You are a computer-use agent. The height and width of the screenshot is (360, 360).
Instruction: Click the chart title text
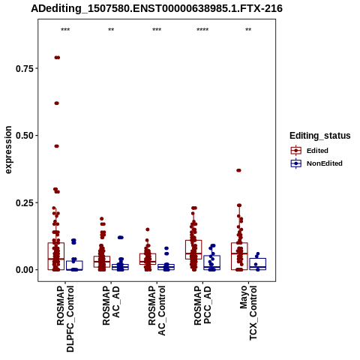pyautogui.click(x=157, y=9)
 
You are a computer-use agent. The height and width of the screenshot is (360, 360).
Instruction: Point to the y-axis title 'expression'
pyautogui.click(x=8, y=150)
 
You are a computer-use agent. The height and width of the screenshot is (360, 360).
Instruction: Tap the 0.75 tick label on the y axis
pyautogui.click(x=25, y=68)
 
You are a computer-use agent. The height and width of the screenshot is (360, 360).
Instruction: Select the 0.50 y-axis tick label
pyautogui.click(x=25, y=136)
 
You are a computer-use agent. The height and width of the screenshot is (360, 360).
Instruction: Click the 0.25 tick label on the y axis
pyautogui.click(x=25, y=202)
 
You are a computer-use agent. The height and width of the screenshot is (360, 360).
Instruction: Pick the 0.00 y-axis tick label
pyautogui.click(x=25, y=270)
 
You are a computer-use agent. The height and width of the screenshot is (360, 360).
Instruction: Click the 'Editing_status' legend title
pyautogui.click(x=320, y=136)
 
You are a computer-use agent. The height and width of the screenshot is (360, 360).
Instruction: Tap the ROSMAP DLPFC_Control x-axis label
pyautogui.click(x=65, y=319)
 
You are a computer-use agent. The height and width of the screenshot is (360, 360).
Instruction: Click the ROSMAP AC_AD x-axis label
pyautogui.click(x=111, y=305)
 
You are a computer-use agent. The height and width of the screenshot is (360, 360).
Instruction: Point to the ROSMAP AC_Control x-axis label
pyautogui.click(x=157, y=310)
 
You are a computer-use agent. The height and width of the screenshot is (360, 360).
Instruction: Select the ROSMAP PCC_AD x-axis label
pyautogui.click(x=202, y=305)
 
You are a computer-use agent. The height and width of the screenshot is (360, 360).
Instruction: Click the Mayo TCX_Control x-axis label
pyautogui.click(x=248, y=313)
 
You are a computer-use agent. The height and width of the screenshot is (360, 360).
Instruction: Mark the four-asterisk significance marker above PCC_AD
pyautogui.click(x=202, y=30)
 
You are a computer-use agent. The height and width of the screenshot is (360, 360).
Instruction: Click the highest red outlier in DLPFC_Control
pyautogui.click(x=57, y=58)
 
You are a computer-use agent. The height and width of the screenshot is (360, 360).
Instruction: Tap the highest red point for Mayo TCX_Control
pyautogui.click(x=238, y=170)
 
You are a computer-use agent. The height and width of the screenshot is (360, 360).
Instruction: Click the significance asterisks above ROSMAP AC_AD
pyautogui.click(x=111, y=30)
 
